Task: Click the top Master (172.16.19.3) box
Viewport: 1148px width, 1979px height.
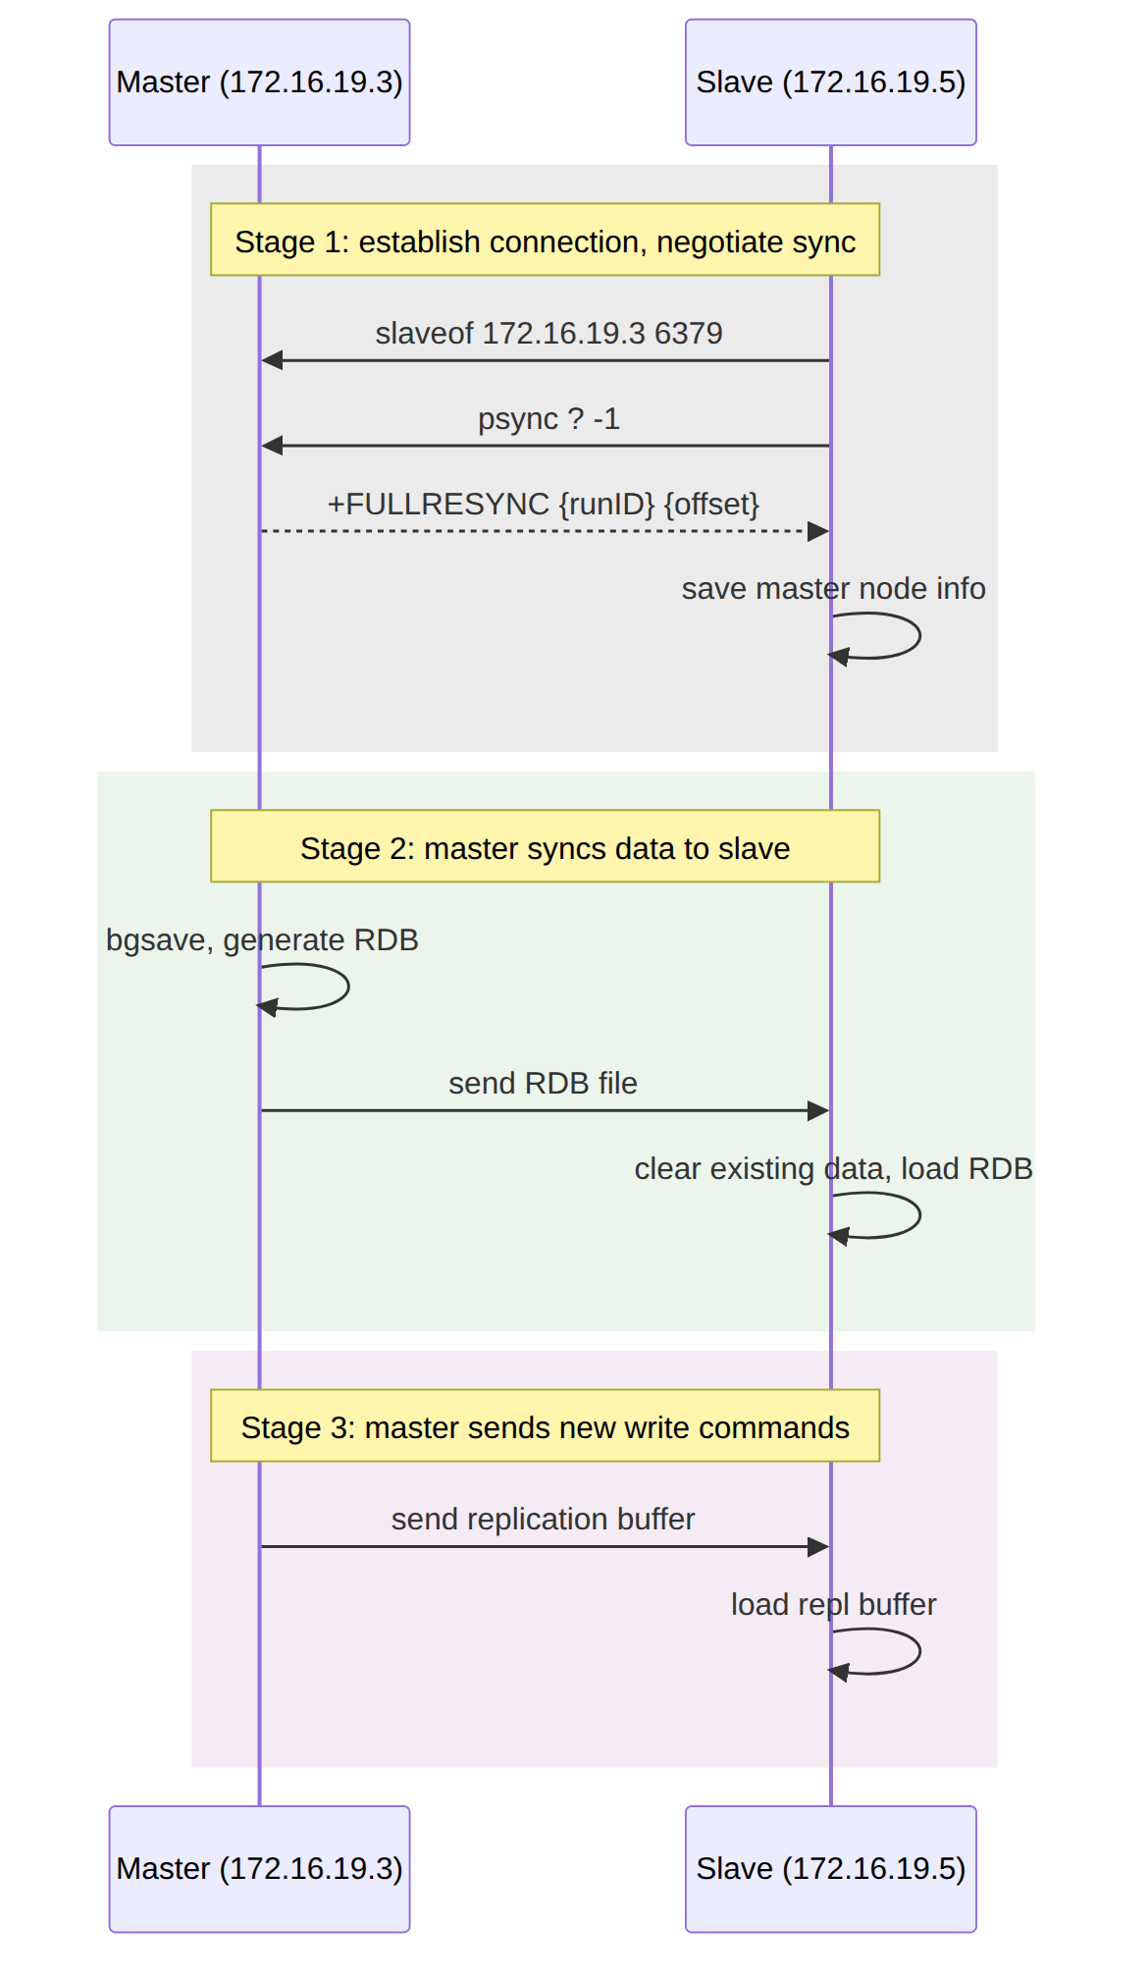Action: pyautogui.click(x=259, y=82)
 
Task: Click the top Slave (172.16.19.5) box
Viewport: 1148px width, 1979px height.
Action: pyautogui.click(x=830, y=82)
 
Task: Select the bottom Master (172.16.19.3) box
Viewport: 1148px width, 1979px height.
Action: pyautogui.click(x=259, y=1869)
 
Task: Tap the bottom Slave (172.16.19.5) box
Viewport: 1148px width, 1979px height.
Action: pyautogui.click(x=830, y=1869)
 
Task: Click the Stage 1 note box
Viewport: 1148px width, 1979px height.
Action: pyautogui.click(x=545, y=240)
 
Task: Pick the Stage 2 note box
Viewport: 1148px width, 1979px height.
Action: pyautogui.click(x=545, y=846)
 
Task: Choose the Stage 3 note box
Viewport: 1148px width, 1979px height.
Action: pyautogui.click(x=545, y=1425)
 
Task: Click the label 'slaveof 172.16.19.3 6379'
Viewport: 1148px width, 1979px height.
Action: pyautogui.click(x=548, y=334)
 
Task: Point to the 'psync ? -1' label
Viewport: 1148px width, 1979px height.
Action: pyautogui.click(x=548, y=419)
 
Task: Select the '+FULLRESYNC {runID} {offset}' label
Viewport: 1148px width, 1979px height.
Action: pyautogui.click(x=544, y=505)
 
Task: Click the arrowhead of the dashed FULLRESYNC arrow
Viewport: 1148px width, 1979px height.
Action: pyautogui.click(x=818, y=531)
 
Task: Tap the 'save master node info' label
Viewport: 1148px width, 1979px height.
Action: pyautogui.click(x=833, y=589)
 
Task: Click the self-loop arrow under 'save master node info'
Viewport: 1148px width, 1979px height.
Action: pyautogui.click(x=919, y=635)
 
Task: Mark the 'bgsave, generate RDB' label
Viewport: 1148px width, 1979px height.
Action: pyautogui.click(x=262, y=940)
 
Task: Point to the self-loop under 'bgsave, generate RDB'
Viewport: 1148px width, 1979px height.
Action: pyautogui.click(x=348, y=987)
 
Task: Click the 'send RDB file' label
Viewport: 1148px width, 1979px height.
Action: pyautogui.click(x=543, y=1084)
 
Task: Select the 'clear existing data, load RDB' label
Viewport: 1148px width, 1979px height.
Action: pyautogui.click(x=833, y=1169)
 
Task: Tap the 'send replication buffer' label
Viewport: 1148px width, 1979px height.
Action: pyautogui.click(x=543, y=1520)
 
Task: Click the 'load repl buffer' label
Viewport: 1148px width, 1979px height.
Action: pyautogui.click(x=833, y=1605)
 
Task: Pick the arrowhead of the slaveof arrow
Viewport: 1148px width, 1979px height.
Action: pyautogui.click(x=272, y=360)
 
